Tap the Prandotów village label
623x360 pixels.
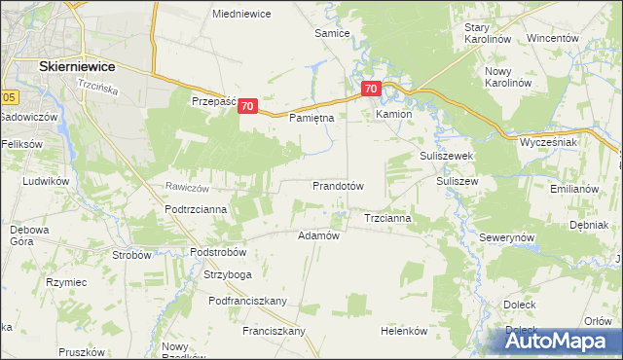(338, 185)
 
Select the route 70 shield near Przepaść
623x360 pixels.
(247, 106)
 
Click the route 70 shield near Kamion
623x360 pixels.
(370, 90)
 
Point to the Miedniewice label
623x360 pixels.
(241, 14)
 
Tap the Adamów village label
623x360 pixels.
(317, 235)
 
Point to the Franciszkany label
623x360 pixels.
(275, 331)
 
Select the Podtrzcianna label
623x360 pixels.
(196, 209)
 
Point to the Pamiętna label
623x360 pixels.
(312, 118)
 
